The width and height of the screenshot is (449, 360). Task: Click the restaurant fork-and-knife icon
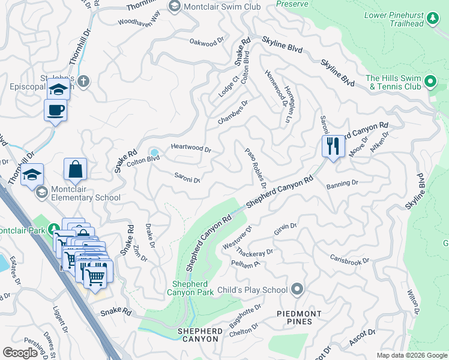[332, 146]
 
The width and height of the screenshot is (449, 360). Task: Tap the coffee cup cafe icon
[56, 110]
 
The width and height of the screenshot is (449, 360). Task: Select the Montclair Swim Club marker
[175, 7]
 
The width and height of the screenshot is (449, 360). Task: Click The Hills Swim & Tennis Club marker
[430, 82]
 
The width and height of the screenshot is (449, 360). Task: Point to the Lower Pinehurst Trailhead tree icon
[432, 20]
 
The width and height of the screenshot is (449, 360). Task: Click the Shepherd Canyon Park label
[193, 288]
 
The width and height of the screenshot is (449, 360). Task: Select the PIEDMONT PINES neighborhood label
[299, 317]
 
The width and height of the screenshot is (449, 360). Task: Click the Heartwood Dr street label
[191, 148]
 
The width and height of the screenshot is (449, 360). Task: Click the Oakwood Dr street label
[206, 43]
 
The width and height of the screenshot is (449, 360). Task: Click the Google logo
[21, 353]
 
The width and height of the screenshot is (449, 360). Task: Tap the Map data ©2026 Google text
[411, 355]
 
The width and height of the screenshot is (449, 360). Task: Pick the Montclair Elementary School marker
[41, 192]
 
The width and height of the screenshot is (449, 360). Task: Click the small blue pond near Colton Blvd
[154, 152]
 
